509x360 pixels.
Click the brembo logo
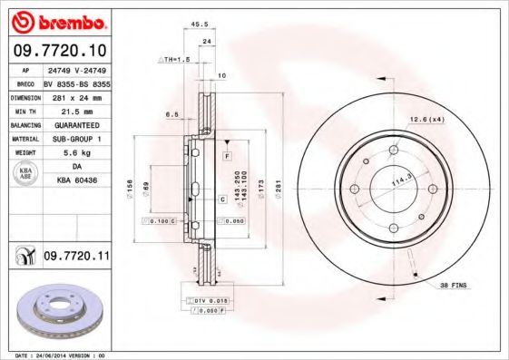57,20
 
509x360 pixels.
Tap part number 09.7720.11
76,258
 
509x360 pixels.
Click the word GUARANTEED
75,124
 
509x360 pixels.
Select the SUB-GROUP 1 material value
75,139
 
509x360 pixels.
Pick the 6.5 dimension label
171,113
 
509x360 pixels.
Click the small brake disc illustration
55,309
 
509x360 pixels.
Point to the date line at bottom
54,355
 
